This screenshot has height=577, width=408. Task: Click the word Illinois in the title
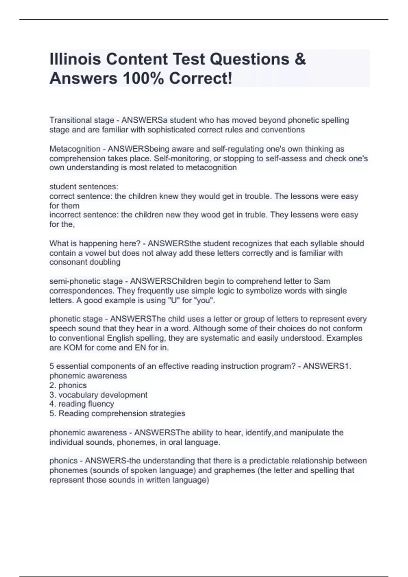tap(75, 59)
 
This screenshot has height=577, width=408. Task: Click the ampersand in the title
tap(300, 59)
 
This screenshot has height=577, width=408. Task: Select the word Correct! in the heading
tap(201, 78)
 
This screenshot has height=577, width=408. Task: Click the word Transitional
tap(72, 120)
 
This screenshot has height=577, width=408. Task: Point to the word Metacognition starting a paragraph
tap(75, 149)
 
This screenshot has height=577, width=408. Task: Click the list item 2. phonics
tap(68, 386)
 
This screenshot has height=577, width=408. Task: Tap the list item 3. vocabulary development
tap(98, 395)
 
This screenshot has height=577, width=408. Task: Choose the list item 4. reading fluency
tap(82, 404)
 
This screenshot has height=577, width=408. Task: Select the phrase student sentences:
tap(84, 187)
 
